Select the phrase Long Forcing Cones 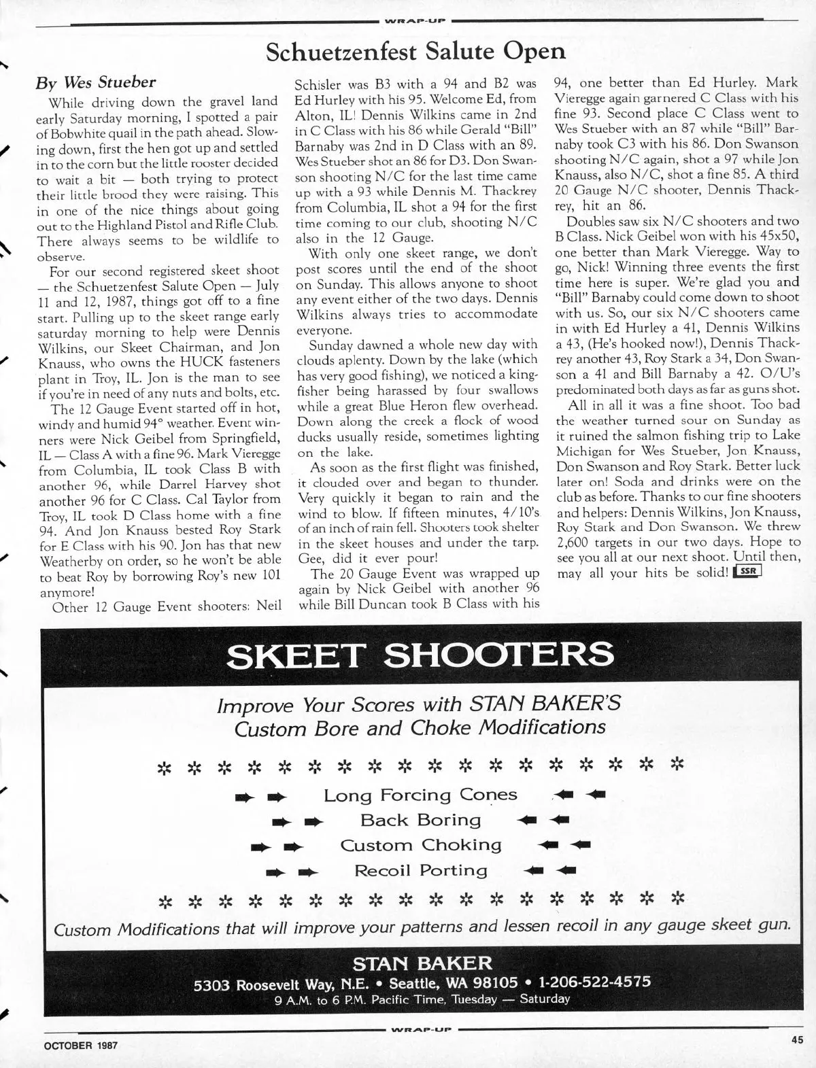coord(420,795)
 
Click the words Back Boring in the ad coord(420,820)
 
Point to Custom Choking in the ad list coord(420,845)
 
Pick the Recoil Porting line coord(420,870)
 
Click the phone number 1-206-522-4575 coord(594,982)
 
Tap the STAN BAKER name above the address coord(422,963)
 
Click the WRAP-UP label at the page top coord(415,20)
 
